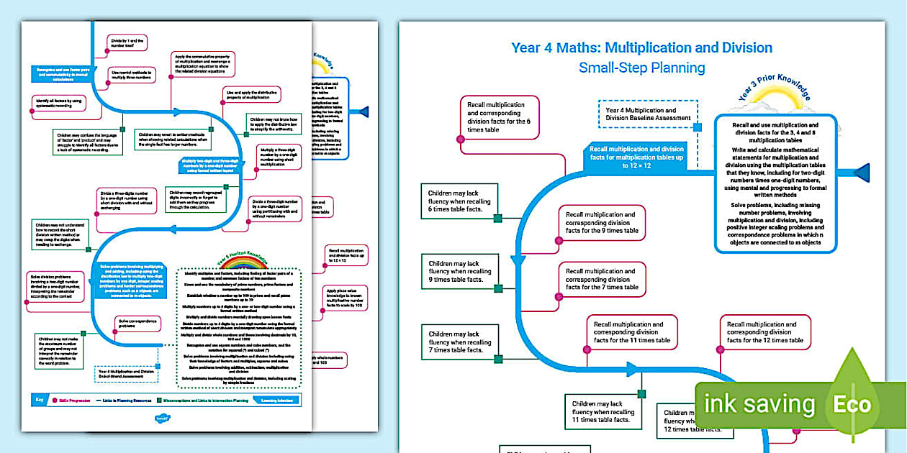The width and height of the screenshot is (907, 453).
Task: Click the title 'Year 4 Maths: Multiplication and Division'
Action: point(641,47)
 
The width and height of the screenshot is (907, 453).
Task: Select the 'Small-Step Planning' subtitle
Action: point(641,68)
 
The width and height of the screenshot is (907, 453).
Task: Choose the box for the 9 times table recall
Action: point(603,222)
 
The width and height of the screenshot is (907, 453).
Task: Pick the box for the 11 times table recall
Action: point(631,332)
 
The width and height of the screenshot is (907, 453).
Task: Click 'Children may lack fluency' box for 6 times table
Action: point(458,202)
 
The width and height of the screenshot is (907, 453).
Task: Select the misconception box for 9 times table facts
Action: point(458,271)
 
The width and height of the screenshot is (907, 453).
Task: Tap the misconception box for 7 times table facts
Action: point(458,342)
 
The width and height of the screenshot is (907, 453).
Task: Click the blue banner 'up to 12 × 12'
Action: point(636,157)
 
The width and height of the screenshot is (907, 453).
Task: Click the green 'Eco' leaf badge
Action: point(852,403)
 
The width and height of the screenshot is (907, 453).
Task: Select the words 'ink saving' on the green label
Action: point(759,404)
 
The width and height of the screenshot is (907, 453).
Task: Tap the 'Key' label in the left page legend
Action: point(40,399)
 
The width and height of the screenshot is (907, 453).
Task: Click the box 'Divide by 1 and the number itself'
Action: point(128,44)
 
